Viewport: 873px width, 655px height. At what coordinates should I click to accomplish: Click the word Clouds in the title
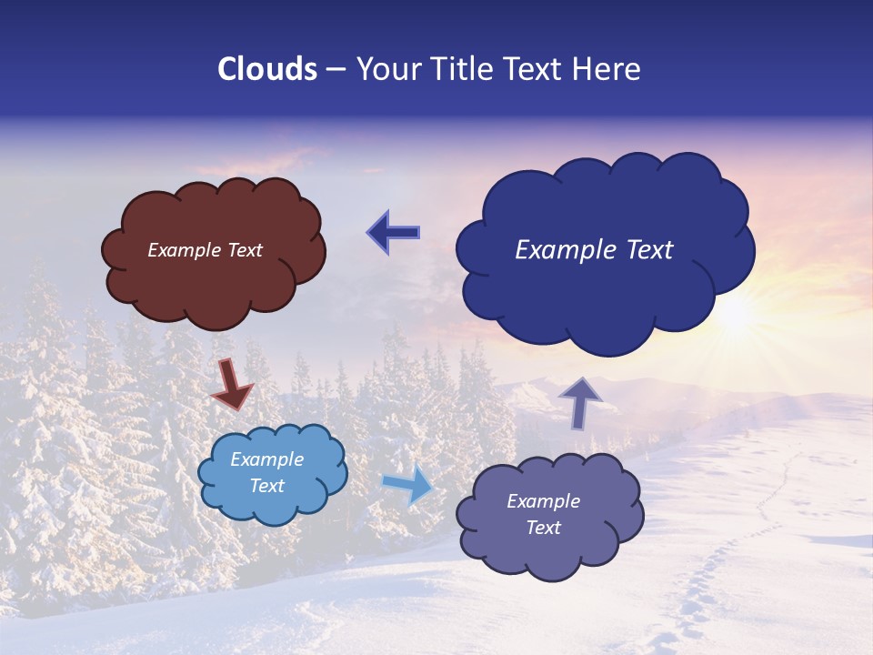click(267, 69)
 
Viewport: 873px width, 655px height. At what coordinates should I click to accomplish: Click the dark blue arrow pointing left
click(393, 232)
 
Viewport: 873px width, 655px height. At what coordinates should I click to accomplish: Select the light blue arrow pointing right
click(408, 484)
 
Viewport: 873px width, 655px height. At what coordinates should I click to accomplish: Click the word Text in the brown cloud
click(245, 250)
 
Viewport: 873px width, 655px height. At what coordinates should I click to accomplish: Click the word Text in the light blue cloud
click(267, 486)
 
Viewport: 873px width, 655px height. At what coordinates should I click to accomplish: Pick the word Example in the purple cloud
click(543, 501)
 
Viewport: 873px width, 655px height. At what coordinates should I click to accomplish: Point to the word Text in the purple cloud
click(543, 528)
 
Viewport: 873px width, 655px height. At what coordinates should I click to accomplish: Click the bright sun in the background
click(735, 314)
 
